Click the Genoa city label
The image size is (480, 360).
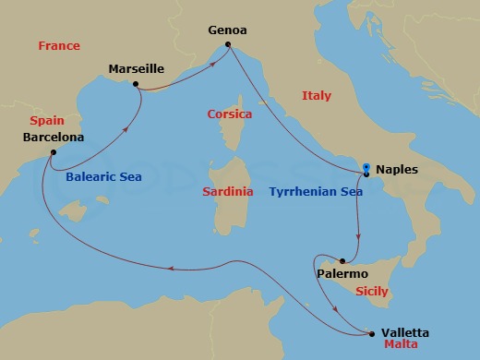point(227,30)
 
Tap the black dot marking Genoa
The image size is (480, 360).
point(227,43)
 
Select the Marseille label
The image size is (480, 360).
point(136,69)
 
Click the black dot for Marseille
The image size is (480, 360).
point(136,84)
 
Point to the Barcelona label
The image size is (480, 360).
point(53,138)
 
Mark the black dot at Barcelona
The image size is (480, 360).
point(54,152)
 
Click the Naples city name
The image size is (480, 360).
point(398,170)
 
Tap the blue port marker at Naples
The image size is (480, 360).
point(366,169)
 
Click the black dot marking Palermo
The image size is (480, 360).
point(342,261)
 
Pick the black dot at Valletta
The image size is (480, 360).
point(372,333)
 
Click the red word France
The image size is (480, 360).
point(59,45)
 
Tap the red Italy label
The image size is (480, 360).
point(317,95)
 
